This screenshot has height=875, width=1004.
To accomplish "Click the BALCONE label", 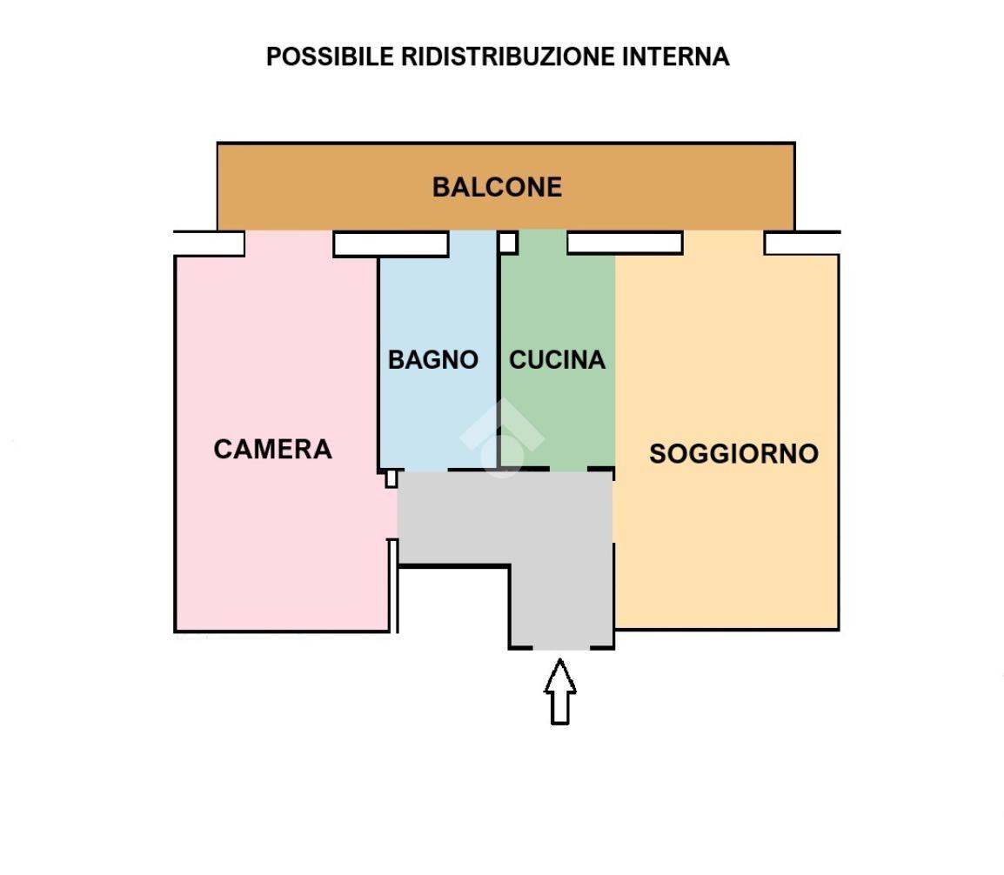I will coord(497,187).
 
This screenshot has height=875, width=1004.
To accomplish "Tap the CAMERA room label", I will coord(272,449).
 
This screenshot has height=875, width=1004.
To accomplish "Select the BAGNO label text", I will coord(432,359).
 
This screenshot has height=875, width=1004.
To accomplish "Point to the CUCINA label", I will coord(557,359).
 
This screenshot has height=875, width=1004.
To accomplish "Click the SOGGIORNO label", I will coord(733,453).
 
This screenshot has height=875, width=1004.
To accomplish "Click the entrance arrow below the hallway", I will coord(560,691).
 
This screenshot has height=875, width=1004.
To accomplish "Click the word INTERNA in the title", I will coord(676,57).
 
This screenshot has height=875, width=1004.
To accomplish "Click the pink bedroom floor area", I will coord(261,539).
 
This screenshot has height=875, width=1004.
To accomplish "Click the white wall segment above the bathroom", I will coord(391,244).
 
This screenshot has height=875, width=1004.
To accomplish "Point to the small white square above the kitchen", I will coord(508,242).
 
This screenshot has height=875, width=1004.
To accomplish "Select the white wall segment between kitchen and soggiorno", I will coord(624,243).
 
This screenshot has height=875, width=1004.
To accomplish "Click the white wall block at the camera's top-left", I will coord(209,244).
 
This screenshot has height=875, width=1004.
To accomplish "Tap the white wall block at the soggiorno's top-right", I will coord(801,244).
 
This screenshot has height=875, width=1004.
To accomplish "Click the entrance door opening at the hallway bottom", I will coord(561,648).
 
